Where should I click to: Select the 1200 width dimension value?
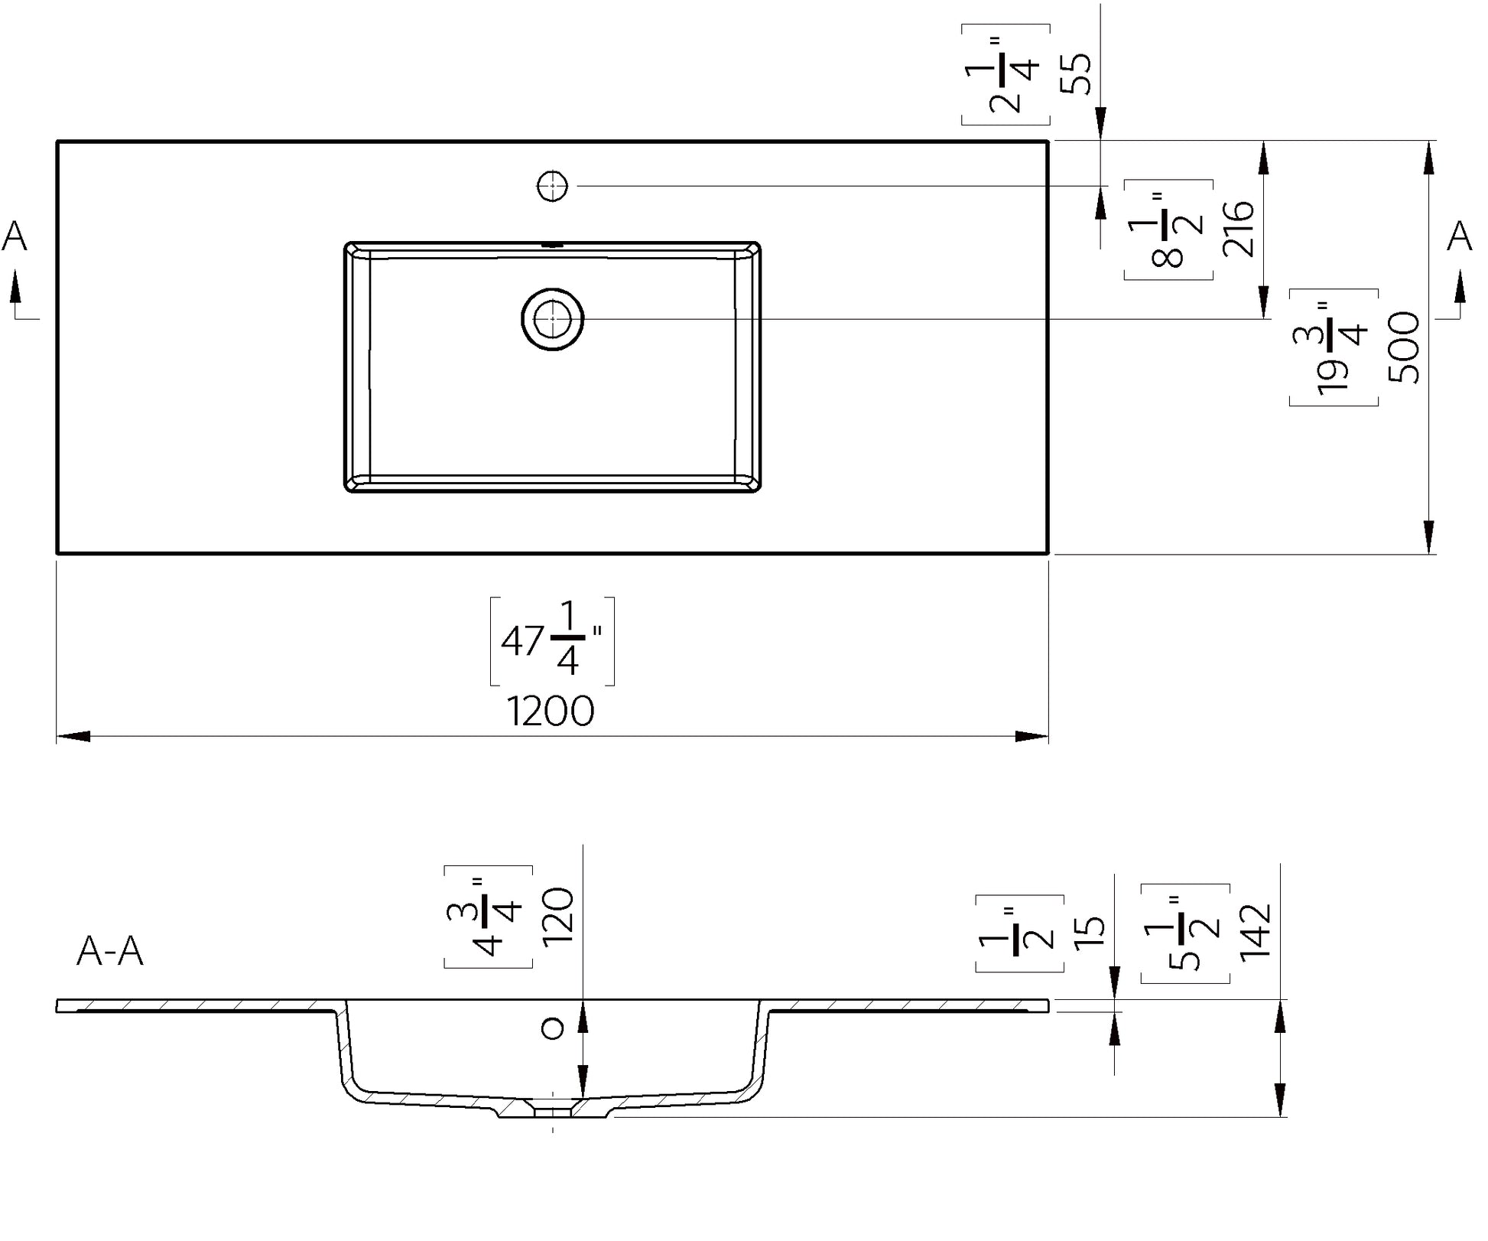(551, 712)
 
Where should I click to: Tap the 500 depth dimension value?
(1404, 347)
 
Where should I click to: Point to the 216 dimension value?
(1239, 228)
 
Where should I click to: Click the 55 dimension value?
(1076, 73)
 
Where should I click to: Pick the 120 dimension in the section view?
(557, 917)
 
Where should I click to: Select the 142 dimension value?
(1255, 931)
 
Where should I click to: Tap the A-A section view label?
(110, 952)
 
